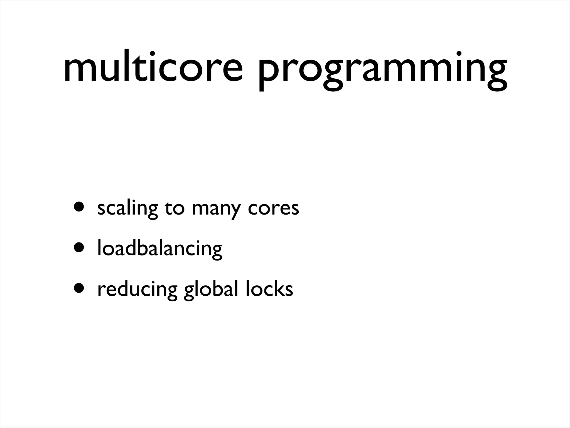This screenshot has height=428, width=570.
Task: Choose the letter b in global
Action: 215,288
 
